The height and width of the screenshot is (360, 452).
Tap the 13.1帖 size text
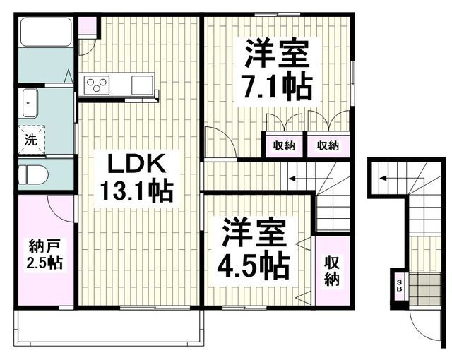click(x=136, y=191)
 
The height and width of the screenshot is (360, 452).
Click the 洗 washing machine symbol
click(x=31, y=139)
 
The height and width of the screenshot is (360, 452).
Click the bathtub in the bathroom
click(x=44, y=32)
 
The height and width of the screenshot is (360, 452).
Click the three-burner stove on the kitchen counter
click(x=96, y=85)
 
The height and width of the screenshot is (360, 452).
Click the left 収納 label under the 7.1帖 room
click(x=284, y=146)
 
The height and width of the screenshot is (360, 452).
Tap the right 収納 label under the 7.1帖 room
click(x=328, y=146)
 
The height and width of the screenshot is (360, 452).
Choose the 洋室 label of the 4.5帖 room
click(x=252, y=233)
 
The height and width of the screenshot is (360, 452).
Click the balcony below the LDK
click(x=109, y=327)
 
